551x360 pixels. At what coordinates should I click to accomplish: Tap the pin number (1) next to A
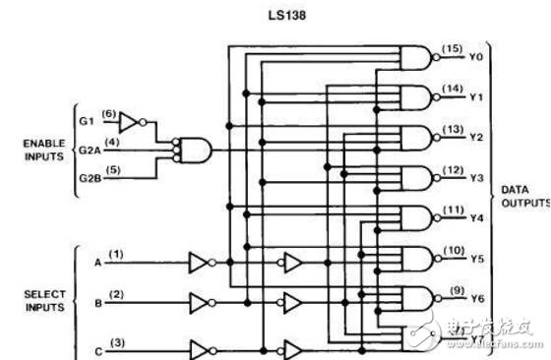tap(117, 255)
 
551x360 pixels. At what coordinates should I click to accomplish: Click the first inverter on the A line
tap(200, 263)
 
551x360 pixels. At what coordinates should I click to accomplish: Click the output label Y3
tap(476, 179)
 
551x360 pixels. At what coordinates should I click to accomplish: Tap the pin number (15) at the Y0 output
tap(452, 48)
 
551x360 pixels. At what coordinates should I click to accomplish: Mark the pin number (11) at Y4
tap(452, 210)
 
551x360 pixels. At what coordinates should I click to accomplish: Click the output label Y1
tap(476, 96)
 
